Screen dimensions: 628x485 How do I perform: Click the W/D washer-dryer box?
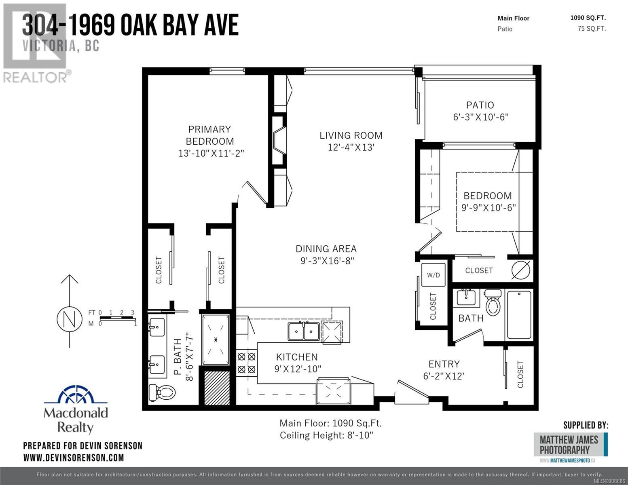[x=433, y=275]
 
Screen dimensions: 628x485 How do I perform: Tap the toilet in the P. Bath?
[x=162, y=392]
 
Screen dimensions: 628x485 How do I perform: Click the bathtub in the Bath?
[x=519, y=315]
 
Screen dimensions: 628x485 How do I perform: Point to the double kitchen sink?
[x=303, y=331]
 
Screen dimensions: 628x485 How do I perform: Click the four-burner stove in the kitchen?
[x=247, y=363]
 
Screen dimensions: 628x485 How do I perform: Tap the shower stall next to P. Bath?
[x=216, y=340]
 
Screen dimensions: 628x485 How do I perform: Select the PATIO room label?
[x=480, y=105]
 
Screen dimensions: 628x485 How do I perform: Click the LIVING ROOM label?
[x=351, y=135]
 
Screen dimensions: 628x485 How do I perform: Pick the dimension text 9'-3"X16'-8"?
[x=327, y=261]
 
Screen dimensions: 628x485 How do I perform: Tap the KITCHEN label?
[x=297, y=357]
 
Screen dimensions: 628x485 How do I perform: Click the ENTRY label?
[x=444, y=364]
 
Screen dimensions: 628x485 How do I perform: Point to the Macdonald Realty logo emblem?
[x=76, y=394]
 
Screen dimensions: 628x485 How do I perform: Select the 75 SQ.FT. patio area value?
[x=592, y=29]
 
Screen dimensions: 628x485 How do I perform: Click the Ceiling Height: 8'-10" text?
[x=326, y=435]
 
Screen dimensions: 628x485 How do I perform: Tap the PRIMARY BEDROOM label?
[x=210, y=135]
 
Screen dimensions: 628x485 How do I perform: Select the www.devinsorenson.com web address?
[x=74, y=458]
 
